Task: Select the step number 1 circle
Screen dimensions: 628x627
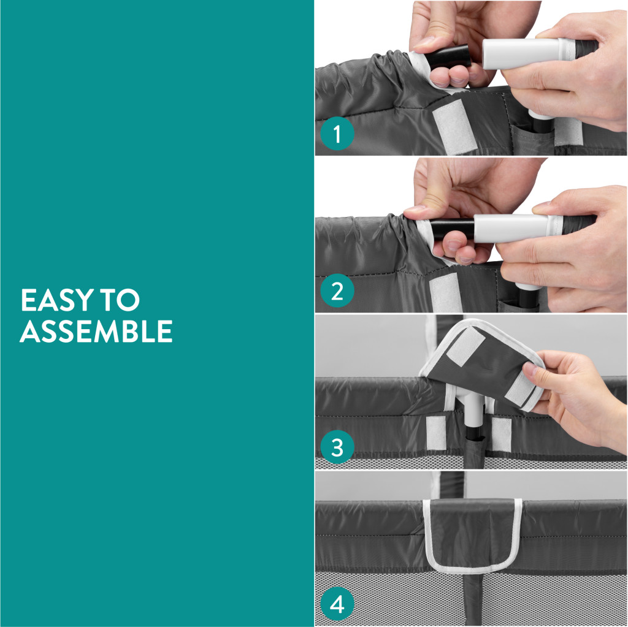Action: (x=337, y=134)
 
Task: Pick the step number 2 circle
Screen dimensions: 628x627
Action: (x=337, y=291)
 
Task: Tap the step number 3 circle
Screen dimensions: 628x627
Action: (x=337, y=447)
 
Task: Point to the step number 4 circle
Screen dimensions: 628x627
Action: (x=337, y=604)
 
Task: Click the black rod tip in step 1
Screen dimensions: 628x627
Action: (x=448, y=55)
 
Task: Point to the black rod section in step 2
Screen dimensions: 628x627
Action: (x=453, y=229)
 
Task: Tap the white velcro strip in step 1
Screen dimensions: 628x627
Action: (x=454, y=126)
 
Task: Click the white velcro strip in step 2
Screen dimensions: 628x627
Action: (x=446, y=292)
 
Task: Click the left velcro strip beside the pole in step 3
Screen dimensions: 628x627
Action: (x=436, y=433)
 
